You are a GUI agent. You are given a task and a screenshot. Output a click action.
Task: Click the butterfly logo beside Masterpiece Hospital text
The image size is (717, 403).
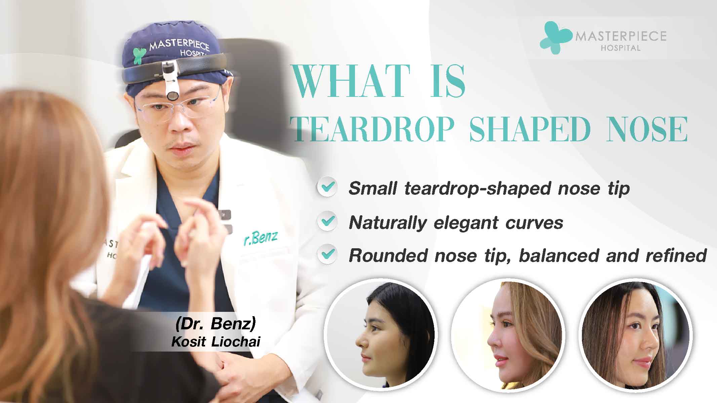555,37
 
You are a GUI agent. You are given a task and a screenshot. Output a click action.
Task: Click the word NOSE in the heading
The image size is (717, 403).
647,130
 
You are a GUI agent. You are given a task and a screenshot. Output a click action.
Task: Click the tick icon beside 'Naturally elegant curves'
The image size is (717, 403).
327,221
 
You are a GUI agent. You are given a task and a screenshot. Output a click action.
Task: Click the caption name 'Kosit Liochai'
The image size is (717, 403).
216,341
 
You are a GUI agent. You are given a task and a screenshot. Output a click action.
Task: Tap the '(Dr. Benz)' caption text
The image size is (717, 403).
215,324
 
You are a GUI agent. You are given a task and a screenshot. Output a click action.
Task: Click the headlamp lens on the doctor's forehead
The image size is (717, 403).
173,96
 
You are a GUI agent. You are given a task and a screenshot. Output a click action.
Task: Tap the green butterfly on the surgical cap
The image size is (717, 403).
139,56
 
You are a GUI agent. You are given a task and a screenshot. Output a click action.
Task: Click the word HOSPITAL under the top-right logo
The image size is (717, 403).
621,48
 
